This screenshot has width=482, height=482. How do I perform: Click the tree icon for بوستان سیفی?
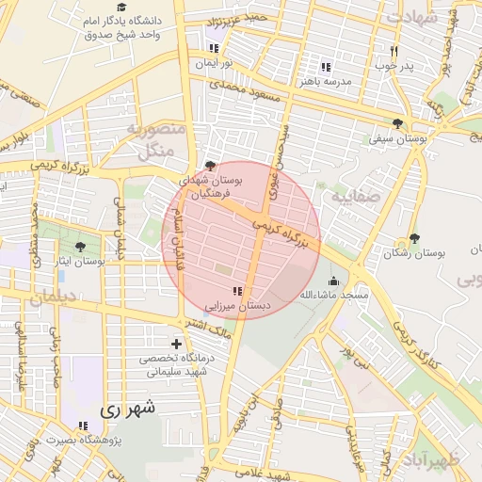[x=398, y=123]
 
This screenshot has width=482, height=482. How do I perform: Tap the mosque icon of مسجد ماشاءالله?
[x=332, y=281]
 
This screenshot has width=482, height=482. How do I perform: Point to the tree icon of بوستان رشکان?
[x=414, y=239]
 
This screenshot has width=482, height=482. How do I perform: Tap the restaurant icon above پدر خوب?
[x=394, y=51]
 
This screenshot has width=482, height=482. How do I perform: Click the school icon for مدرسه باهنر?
[x=325, y=67]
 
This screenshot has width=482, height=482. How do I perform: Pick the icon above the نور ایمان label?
[x=214, y=48]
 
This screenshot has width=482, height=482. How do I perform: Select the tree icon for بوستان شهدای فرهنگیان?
[x=209, y=165]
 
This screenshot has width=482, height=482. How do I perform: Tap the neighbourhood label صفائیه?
[x=353, y=198]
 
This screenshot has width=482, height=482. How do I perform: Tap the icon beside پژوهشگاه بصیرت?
[x=83, y=426]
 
